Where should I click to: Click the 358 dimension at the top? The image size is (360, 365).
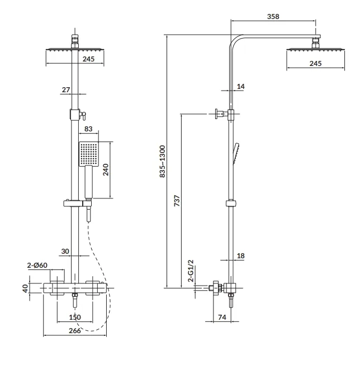(273, 17)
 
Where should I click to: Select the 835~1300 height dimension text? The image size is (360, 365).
(162, 162)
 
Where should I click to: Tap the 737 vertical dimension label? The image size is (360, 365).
(177, 201)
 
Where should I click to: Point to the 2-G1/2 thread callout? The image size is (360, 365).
(191, 271)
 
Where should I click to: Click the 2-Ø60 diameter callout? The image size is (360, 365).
(37, 265)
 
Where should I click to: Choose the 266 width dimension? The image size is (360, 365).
(75, 330)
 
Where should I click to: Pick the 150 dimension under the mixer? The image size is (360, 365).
(75, 317)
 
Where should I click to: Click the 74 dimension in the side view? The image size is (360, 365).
(222, 317)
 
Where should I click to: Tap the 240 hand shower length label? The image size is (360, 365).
(106, 170)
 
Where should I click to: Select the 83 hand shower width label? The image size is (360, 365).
(88, 129)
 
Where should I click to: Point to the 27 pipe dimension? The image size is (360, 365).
(66, 89)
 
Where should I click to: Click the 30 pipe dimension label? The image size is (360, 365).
(65, 252)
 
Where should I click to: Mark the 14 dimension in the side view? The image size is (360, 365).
(240, 87)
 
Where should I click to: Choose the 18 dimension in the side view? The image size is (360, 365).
(240, 256)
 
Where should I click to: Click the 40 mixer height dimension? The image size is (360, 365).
(25, 288)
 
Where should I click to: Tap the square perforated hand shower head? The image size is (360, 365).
(88, 154)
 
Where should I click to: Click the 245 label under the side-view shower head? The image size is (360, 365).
(315, 63)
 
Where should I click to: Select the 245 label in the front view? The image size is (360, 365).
(88, 59)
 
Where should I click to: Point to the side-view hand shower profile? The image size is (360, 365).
(236, 153)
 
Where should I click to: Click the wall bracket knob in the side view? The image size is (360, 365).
(216, 114)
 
